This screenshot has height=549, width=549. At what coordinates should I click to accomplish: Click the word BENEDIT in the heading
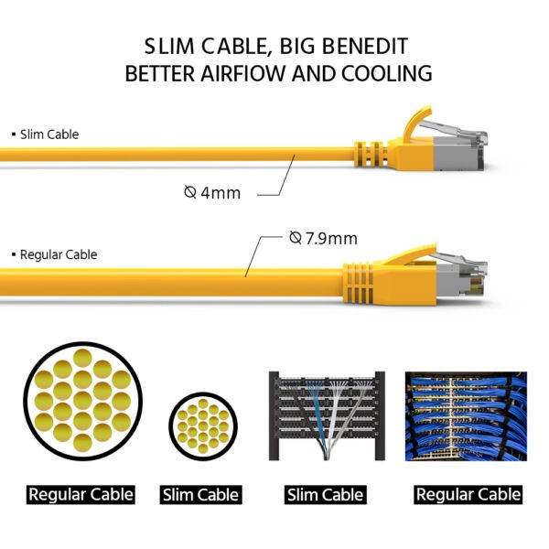(364, 47)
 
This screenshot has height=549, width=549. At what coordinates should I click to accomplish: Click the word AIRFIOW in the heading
(243, 73)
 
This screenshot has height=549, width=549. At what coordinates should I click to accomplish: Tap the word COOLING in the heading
(387, 73)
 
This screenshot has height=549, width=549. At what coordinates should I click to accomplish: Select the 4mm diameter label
(212, 193)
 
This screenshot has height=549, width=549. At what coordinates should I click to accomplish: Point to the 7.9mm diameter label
(323, 239)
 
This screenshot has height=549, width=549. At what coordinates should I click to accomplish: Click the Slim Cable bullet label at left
(46, 135)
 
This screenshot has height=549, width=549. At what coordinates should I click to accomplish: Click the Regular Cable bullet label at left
(55, 254)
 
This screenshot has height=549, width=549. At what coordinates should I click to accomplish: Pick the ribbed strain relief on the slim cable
(371, 154)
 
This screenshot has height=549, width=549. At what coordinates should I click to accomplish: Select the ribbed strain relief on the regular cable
(359, 283)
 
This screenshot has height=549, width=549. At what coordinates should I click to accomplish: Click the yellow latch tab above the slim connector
(416, 123)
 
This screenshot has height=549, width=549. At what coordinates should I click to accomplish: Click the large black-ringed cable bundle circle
(83, 402)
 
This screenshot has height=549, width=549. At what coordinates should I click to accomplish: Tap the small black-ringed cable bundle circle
(203, 426)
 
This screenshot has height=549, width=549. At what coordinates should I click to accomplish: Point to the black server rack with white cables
(327, 416)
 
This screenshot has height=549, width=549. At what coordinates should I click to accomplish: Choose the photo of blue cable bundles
(466, 416)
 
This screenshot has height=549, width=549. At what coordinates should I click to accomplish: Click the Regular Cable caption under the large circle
(81, 495)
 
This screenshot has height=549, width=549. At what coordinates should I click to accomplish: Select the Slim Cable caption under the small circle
(201, 495)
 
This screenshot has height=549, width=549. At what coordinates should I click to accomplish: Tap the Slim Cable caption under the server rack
(325, 495)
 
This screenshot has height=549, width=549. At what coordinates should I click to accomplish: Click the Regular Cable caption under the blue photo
(468, 495)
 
